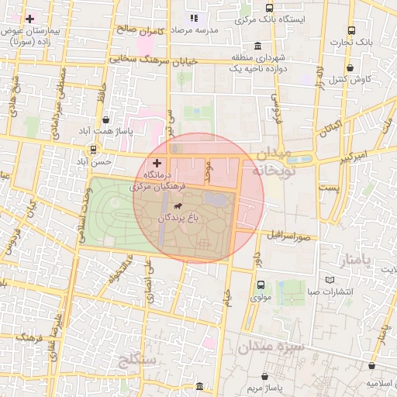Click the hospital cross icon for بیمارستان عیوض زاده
tap(29, 18)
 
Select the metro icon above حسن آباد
tap(93, 149)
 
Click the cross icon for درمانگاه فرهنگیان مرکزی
tap(158, 164)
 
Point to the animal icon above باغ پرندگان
tap(179, 206)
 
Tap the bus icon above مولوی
tap(258, 284)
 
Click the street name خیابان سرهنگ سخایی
tap(154, 59)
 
